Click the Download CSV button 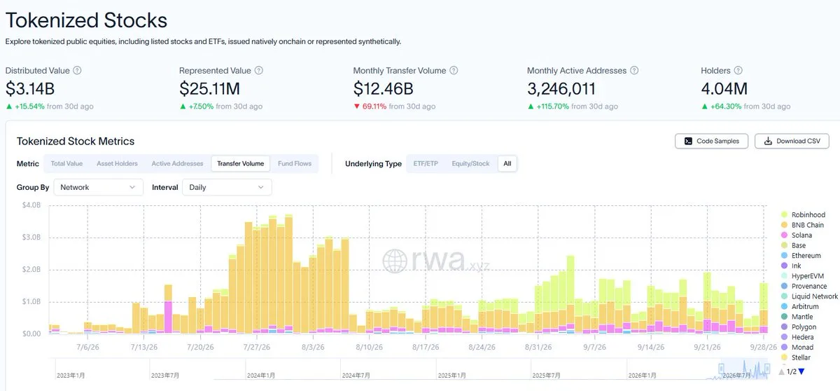792,141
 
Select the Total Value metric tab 66,163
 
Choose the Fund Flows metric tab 295,163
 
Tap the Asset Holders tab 117,163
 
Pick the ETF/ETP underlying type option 426,163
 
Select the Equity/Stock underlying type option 470,163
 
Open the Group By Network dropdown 98,187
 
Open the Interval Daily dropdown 227,187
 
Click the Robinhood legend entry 804,214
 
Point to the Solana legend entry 797,235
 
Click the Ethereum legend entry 801,256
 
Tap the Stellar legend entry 796,357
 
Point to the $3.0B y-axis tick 31,237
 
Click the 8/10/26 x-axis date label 369,347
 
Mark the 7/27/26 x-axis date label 256,347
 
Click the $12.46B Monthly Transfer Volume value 384,89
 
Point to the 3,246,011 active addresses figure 561,89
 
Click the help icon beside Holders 738,71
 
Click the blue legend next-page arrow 801,371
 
